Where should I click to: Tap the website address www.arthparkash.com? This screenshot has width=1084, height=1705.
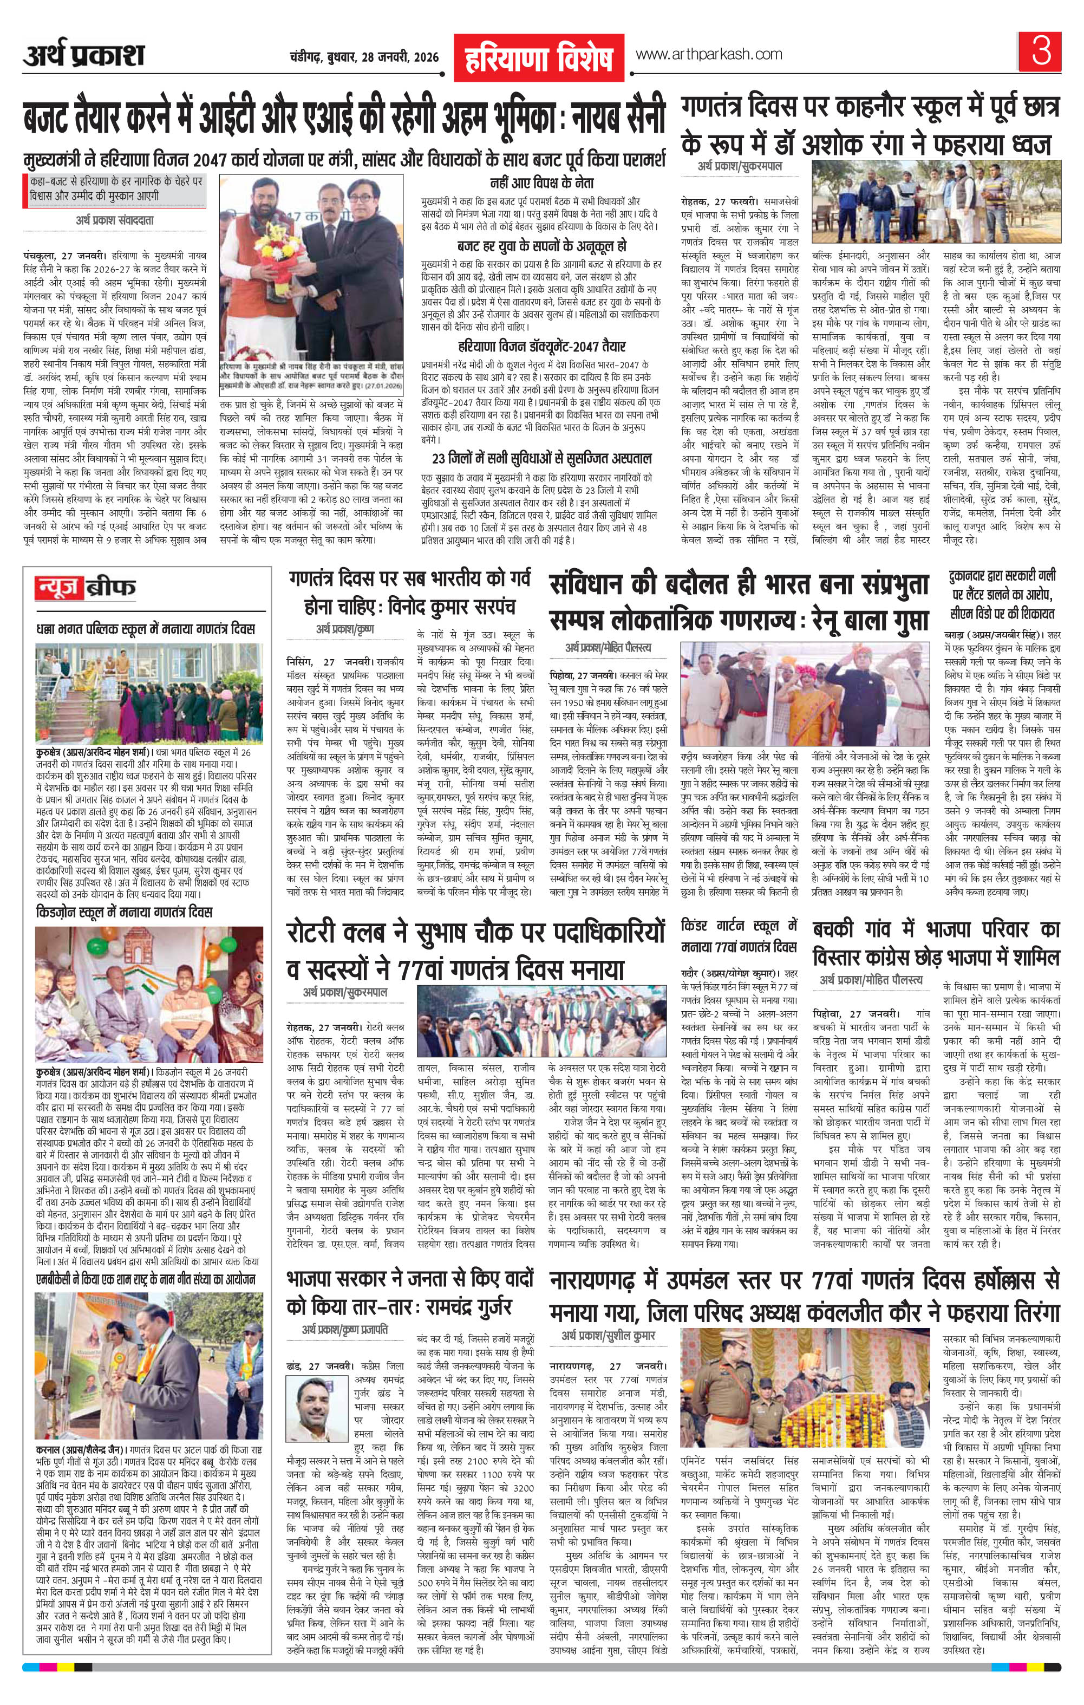(709, 55)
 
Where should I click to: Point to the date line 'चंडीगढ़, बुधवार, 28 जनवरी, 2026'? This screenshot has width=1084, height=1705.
(364, 57)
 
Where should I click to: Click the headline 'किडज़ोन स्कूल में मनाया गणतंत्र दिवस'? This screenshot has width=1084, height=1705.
(124, 913)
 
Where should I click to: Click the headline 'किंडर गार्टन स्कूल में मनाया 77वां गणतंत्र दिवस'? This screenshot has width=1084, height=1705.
(739, 935)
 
